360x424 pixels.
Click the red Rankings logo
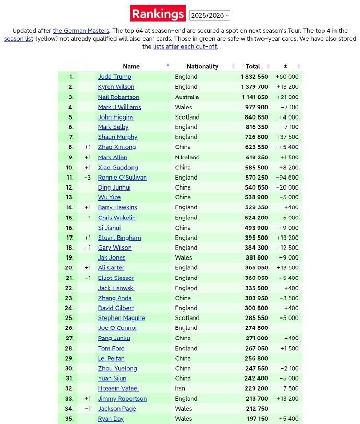point(158,14)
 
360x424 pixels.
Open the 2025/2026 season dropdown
point(209,16)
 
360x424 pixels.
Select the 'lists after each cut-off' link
point(185,46)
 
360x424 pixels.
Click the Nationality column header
point(202,66)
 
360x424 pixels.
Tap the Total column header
point(253,66)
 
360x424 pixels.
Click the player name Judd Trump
point(114,77)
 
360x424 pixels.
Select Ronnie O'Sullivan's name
point(122,178)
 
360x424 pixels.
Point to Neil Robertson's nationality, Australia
point(187,97)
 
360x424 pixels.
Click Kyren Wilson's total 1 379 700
point(254,87)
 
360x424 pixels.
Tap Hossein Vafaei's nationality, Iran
point(181,388)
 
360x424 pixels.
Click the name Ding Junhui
point(114,187)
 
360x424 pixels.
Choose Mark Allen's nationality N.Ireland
point(187,157)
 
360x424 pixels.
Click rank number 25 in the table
point(69,318)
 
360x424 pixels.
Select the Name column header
point(131,66)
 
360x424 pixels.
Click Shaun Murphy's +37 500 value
point(287,137)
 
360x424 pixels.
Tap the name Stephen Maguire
point(121,318)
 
